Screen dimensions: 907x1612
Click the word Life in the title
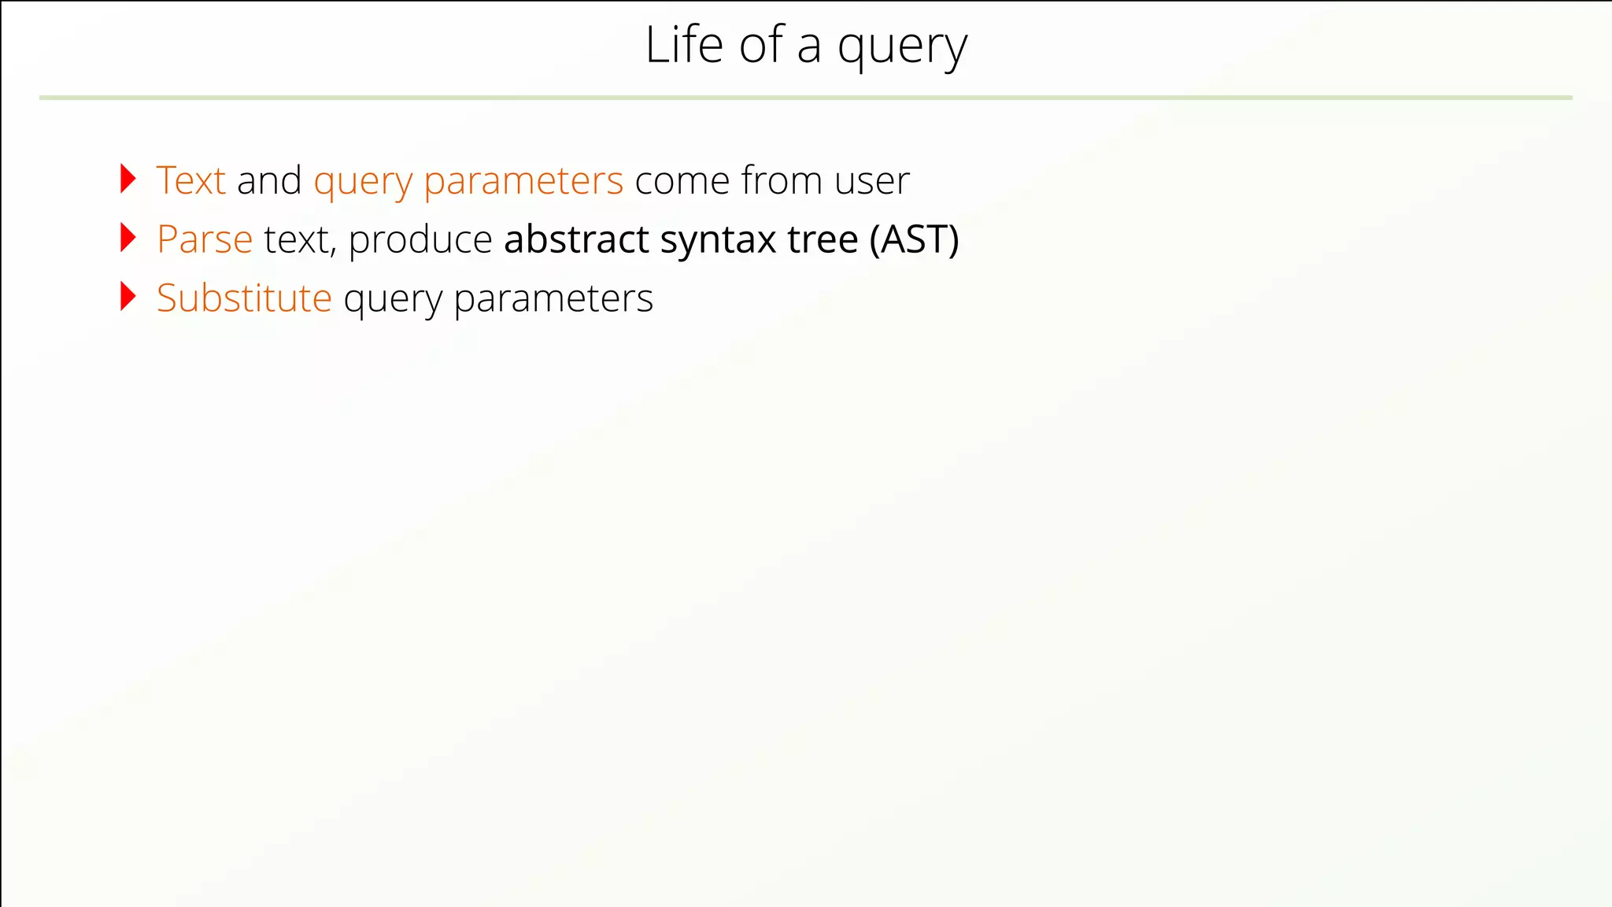coord(683,45)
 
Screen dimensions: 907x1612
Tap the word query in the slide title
coord(902,49)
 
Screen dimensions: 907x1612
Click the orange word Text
coord(191,180)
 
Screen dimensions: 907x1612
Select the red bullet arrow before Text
coord(128,179)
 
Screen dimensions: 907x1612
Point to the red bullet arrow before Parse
coord(128,238)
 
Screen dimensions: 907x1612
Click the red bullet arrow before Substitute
coord(128,297)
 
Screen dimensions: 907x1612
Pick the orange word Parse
coord(205,239)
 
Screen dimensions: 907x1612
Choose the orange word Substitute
coord(244,298)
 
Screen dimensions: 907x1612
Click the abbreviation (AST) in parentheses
coord(914,239)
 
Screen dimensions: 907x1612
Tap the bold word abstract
coord(576,239)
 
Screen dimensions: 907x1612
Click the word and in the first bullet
coord(269,180)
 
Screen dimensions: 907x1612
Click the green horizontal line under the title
coord(806,98)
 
